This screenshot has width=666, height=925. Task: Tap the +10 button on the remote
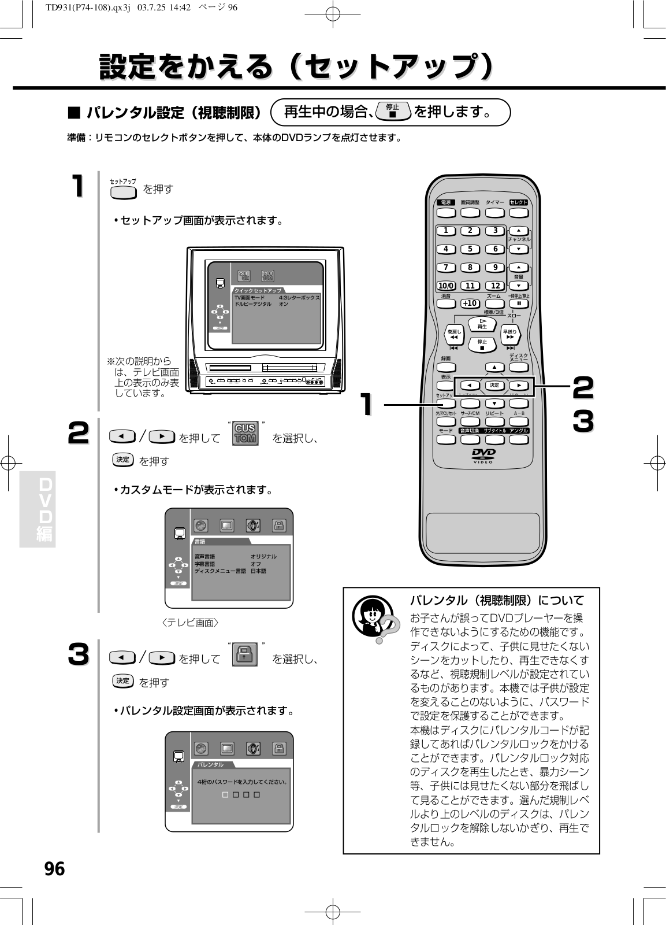(x=470, y=303)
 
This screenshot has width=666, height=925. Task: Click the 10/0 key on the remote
(x=446, y=286)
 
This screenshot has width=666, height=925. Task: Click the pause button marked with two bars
(x=519, y=304)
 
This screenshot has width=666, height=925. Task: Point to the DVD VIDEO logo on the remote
(x=483, y=456)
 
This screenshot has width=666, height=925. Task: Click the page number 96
(x=54, y=868)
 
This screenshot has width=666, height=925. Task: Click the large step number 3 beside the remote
(x=583, y=421)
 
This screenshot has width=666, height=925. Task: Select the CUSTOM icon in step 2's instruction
(x=245, y=432)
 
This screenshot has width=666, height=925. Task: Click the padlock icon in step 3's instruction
(x=245, y=654)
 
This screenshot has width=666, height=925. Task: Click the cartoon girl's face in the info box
(x=367, y=615)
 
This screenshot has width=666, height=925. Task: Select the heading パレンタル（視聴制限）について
(x=497, y=600)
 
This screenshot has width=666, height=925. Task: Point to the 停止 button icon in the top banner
(x=393, y=111)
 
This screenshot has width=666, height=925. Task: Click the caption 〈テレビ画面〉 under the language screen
(x=191, y=623)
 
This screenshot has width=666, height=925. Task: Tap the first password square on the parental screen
(x=225, y=795)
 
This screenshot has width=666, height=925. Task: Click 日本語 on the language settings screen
(x=259, y=571)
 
